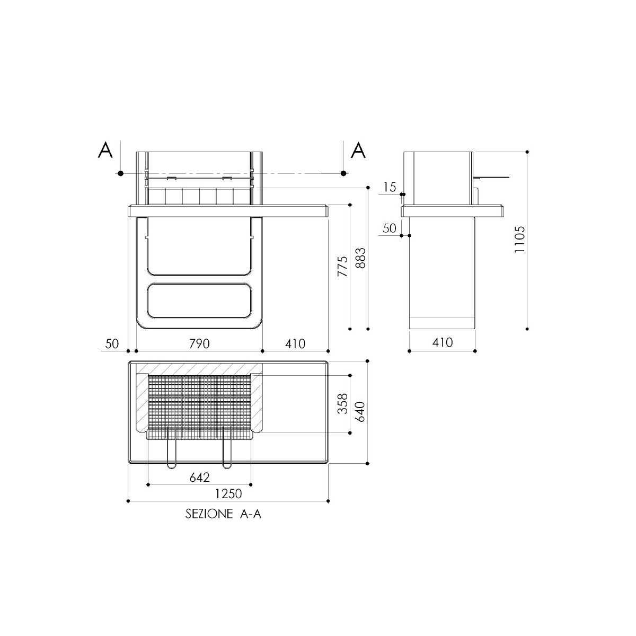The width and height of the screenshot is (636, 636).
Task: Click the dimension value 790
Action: point(199,344)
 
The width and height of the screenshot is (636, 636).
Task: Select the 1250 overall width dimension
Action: point(228,494)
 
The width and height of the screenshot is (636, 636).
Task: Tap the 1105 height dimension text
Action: point(519,239)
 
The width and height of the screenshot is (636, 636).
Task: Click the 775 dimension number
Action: point(343,267)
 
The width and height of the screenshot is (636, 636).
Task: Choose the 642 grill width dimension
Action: point(200,477)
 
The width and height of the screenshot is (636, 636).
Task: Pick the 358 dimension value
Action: point(343,403)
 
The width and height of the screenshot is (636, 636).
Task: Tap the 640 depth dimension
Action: point(361,412)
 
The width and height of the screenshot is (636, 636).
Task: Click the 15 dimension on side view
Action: point(390,188)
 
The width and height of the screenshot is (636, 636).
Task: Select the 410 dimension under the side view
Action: point(442,342)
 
